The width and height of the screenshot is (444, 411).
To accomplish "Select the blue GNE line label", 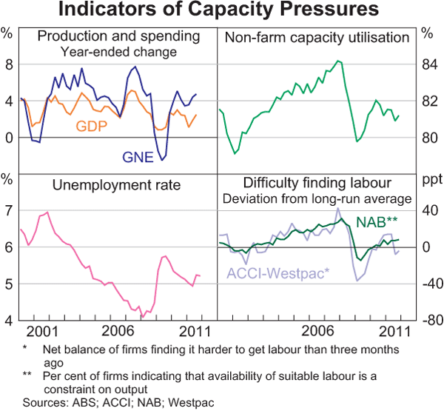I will click(140, 156).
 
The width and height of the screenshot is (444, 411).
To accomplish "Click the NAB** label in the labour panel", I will click(378, 221).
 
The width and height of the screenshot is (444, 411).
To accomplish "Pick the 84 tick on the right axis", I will click(428, 65).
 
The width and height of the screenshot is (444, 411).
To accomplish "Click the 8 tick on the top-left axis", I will click(9, 65).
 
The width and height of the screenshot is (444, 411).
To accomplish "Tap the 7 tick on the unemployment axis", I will click(9, 211).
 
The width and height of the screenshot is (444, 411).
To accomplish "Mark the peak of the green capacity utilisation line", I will click(338, 61).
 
